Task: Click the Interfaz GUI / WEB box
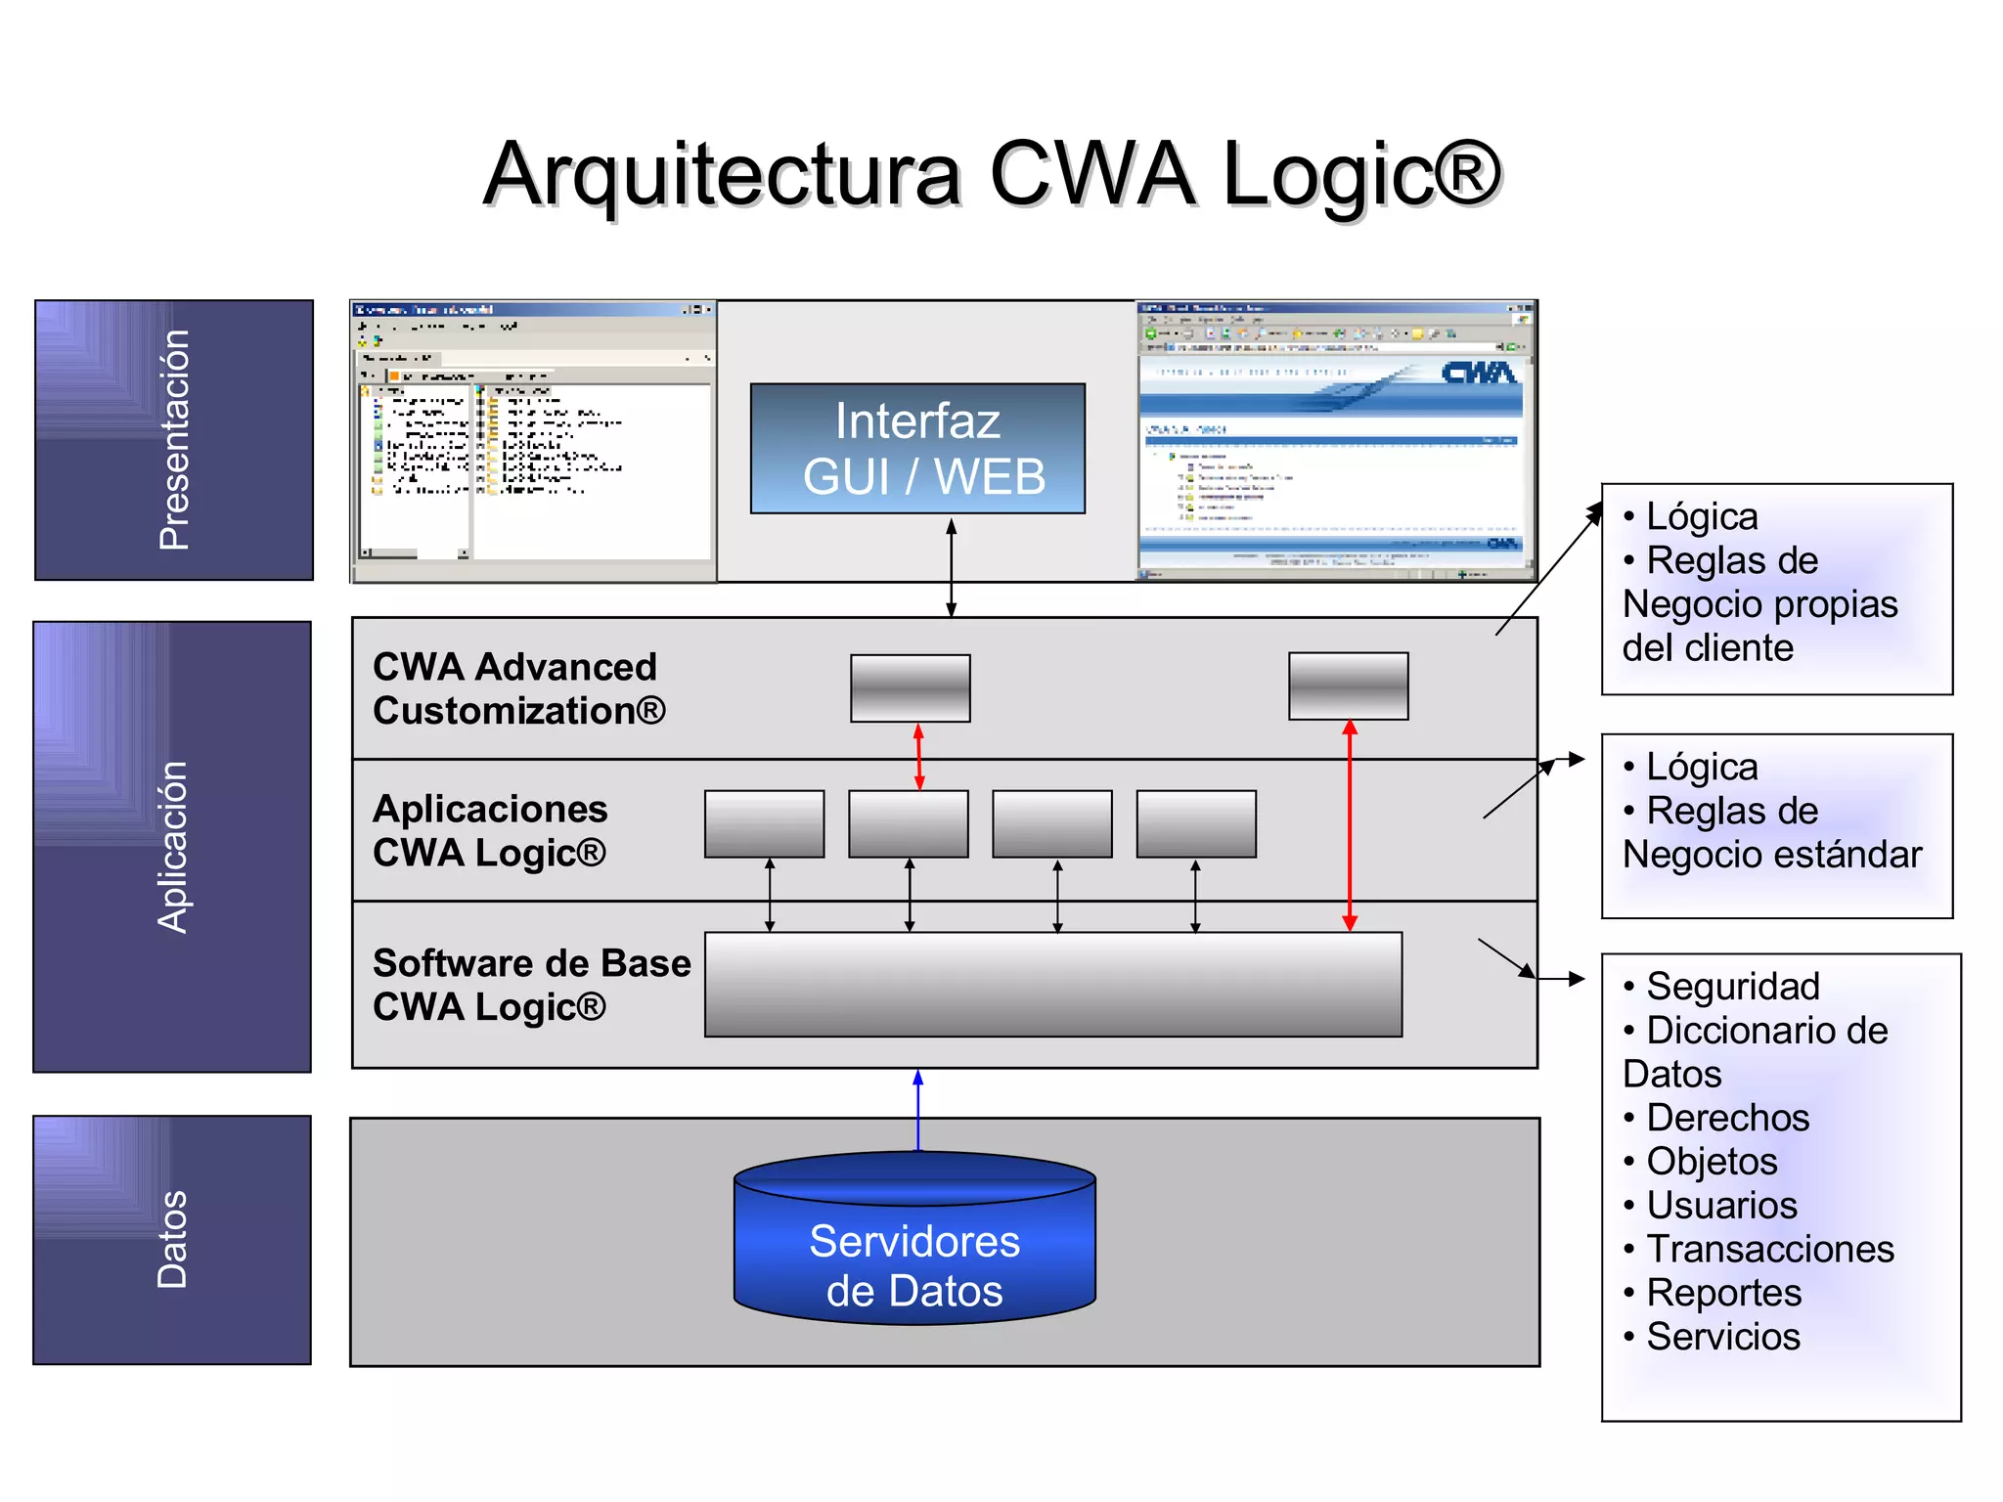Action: coord(917,449)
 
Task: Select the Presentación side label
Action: coord(174,440)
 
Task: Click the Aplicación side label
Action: coord(172,847)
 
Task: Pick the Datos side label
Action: coord(172,1239)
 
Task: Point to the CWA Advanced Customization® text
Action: coord(518,688)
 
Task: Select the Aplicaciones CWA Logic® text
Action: coord(490,830)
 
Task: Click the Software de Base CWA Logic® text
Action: coord(531,985)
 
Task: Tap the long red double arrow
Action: coord(1350,826)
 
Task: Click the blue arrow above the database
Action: coord(917,1110)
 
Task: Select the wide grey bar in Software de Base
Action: coord(1052,984)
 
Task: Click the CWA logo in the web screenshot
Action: coord(1478,373)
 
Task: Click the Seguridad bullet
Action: coord(1731,986)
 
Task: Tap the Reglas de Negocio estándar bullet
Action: coord(1770,833)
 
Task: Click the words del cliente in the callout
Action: coord(1708,647)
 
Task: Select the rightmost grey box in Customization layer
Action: coord(1348,686)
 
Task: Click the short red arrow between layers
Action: coord(918,757)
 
